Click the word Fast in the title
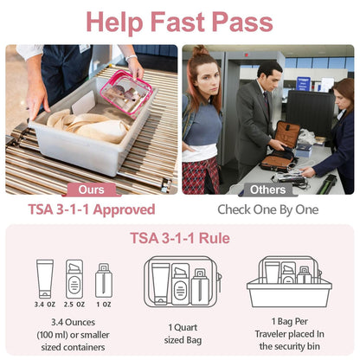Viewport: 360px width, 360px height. point(181,20)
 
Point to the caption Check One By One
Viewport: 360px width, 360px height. point(268,209)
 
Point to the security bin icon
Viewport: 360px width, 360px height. point(288,282)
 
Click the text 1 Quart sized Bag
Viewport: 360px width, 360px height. point(181,333)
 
